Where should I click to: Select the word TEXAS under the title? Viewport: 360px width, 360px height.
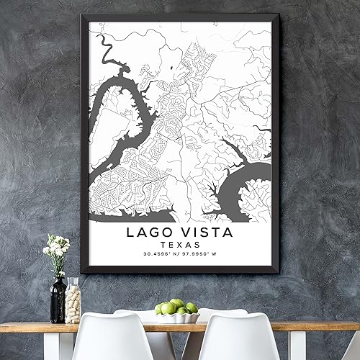tap(179, 245)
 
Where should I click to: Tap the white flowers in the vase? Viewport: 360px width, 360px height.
tap(56, 248)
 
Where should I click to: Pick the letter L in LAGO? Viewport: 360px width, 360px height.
tap(131, 232)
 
